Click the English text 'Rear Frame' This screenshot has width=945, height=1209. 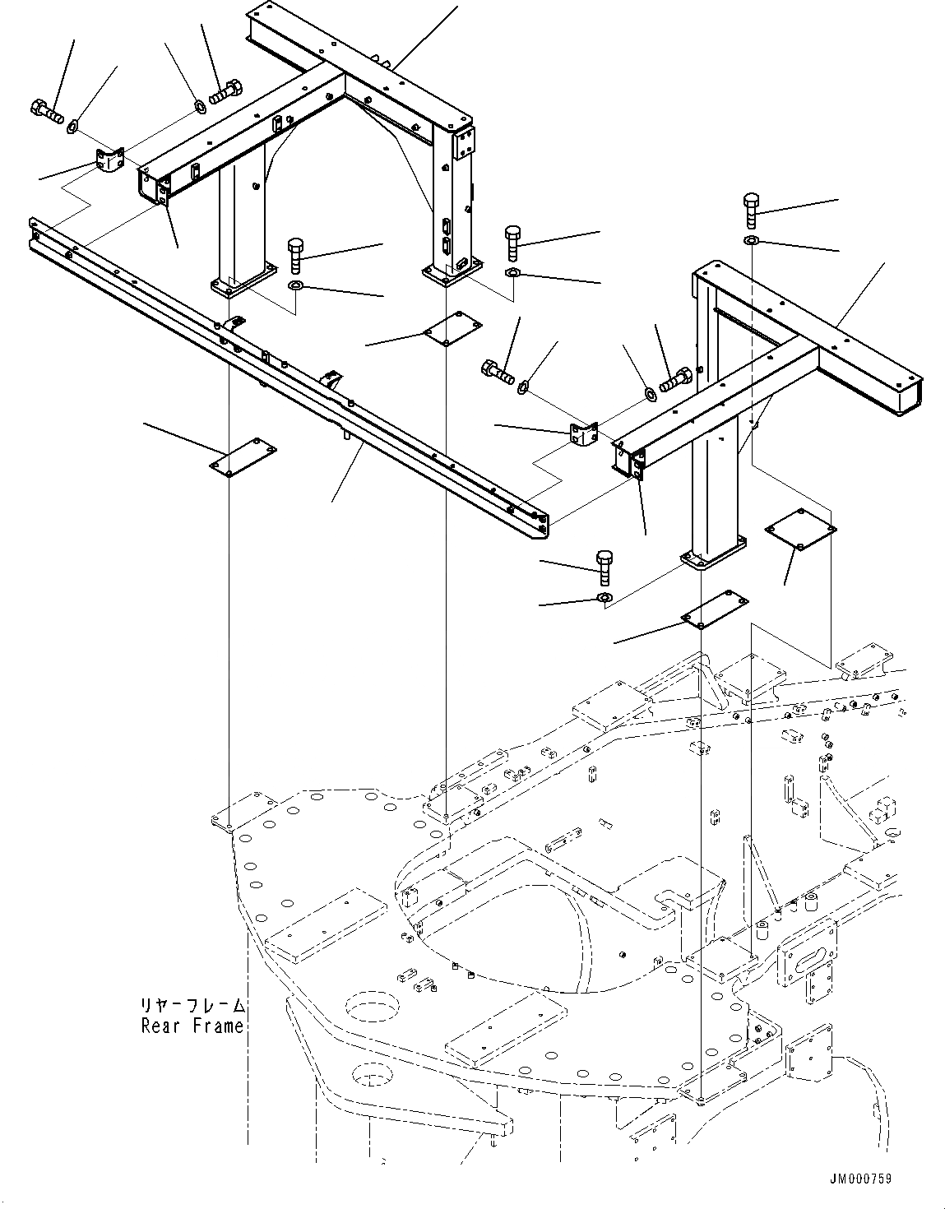[192, 1026]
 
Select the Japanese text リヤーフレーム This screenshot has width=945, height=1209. [192, 1005]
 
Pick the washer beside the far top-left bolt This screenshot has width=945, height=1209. [72, 126]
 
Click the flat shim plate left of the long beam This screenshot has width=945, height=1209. [242, 456]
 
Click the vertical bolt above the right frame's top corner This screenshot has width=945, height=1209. [753, 211]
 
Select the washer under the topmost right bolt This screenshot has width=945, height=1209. [753, 239]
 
